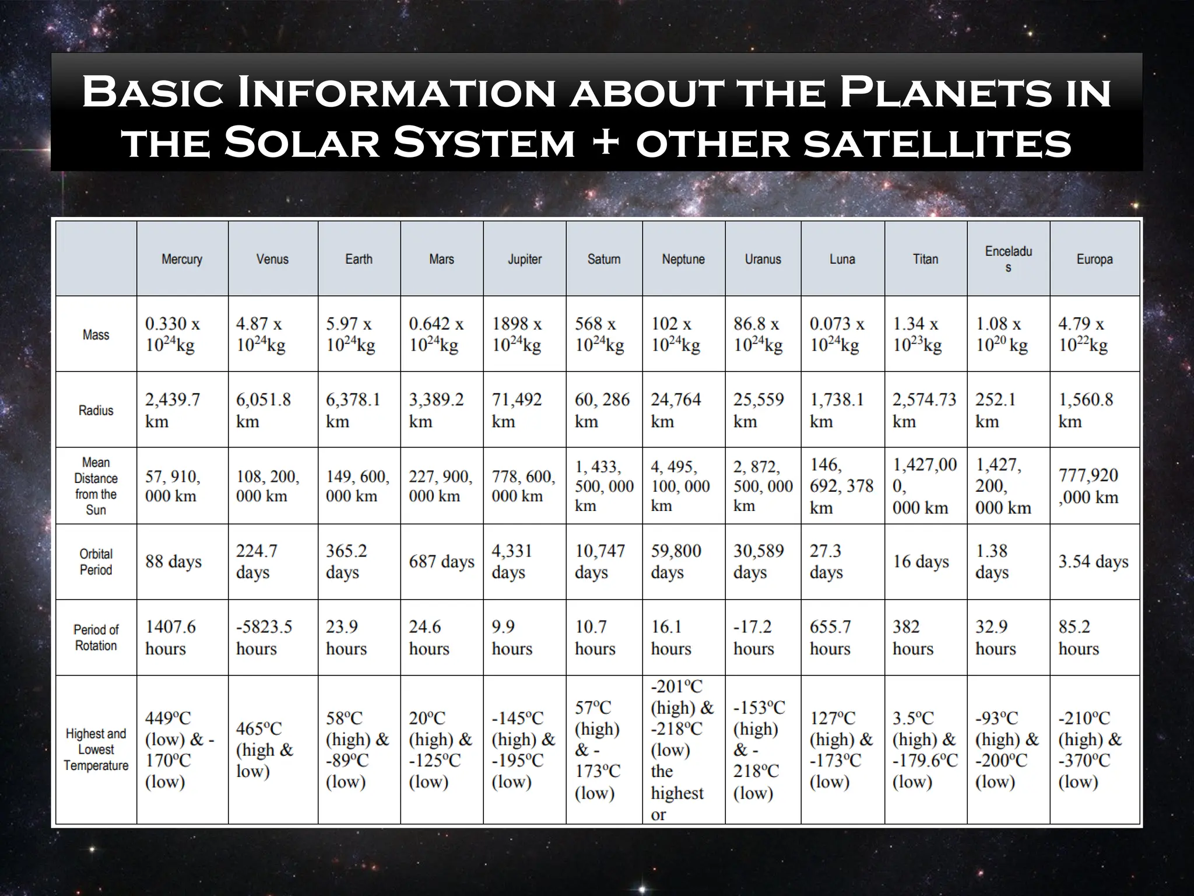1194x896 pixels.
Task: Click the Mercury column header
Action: pos(182,259)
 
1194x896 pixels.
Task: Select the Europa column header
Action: pos(1094,259)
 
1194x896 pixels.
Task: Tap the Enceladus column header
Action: pos(1008,259)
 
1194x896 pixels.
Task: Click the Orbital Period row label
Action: pos(96,562)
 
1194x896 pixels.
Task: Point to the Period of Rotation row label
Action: pos(96,638)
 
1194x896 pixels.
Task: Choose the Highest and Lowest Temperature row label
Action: pos(96,750)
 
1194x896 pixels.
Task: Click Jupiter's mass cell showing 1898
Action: pos(517,334)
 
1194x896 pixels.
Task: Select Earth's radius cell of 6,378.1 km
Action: pos(353,410)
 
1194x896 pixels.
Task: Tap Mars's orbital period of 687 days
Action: pos(441,562)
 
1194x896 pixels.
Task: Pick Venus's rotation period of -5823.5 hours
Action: pos(264,638)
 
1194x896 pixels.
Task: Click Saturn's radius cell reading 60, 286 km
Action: pos(602,410)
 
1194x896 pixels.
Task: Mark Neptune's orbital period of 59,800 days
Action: pos(676,562)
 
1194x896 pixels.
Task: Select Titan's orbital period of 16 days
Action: pos(921,562)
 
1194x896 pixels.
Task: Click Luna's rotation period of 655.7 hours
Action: pos(831,638)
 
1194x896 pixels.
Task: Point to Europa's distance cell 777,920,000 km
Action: pos(1088,486)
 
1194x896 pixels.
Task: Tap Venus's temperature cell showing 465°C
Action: pos(264,750)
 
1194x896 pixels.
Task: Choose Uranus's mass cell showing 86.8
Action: pos(758,334)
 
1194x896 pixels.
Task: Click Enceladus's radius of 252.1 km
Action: pos(996,410)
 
